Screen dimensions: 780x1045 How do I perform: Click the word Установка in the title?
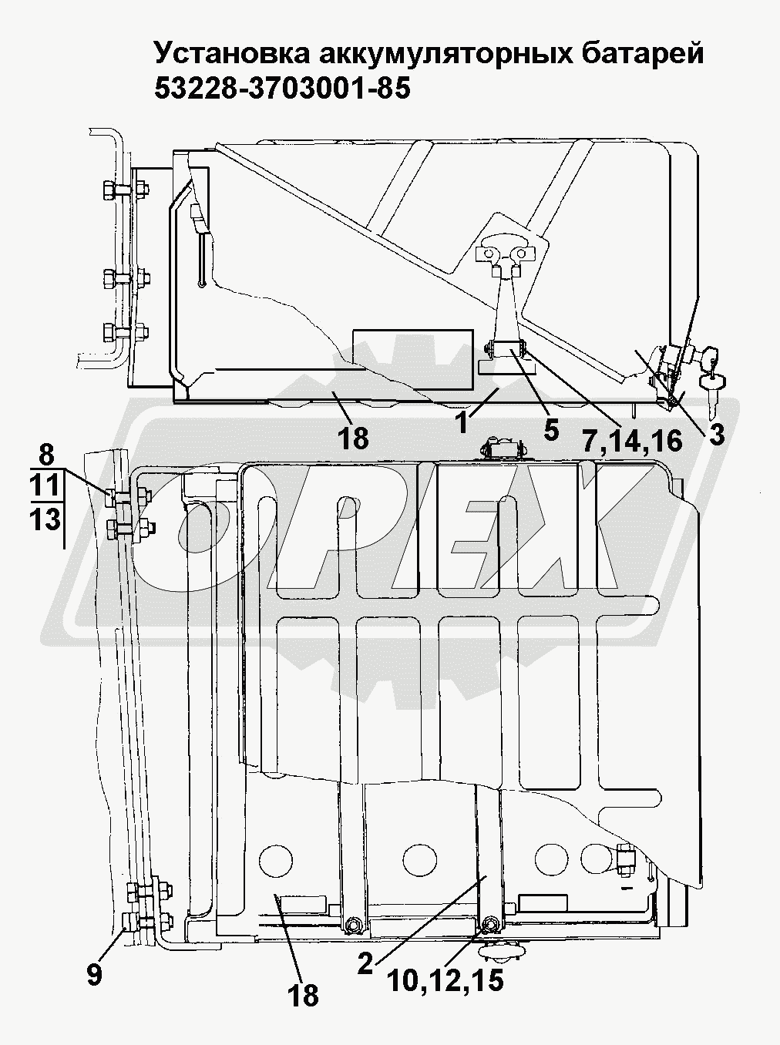[232, 53]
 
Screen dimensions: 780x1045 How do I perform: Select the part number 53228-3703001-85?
[282, 88]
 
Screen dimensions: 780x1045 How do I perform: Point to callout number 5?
[550, 429]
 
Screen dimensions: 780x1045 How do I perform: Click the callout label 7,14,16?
[632, 440]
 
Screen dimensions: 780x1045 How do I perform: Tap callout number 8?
[46, 455]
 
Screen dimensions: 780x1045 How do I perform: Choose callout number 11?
[45, 486]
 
